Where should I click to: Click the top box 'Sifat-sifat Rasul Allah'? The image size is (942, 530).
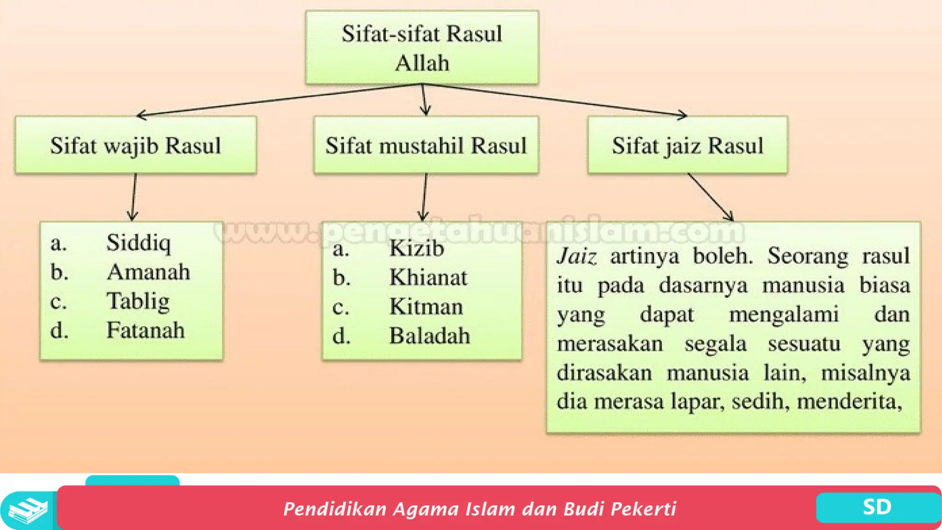tap(422, 48)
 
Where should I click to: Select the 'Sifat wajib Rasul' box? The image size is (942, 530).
tap(136, 145)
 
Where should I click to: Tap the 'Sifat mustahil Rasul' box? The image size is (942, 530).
tap(426, 145)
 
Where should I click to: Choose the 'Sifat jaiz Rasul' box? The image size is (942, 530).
tap(688, 145)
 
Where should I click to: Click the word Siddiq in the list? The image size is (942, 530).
tap(138, 242)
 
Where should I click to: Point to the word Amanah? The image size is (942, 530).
tap(148, 272)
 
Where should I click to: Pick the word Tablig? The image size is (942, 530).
tap(138, 301)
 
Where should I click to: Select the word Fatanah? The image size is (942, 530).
tap(145, 330)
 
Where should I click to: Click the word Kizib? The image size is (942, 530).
tap(416, 248)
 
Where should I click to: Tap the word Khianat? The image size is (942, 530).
tap(428, 277)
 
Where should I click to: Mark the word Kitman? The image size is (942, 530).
tap(426, 306)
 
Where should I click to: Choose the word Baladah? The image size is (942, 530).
tap(430, 336)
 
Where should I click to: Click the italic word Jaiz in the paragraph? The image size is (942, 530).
tap(577, 256)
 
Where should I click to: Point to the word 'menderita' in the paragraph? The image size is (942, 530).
tap(849, 402)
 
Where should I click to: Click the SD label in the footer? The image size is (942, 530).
tap(877, 507)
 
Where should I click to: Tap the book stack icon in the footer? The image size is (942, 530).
tap(28, 511)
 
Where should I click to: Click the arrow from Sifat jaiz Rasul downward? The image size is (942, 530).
tap(711, 197)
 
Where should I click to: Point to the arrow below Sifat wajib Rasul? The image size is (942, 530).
tap(134, 197)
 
